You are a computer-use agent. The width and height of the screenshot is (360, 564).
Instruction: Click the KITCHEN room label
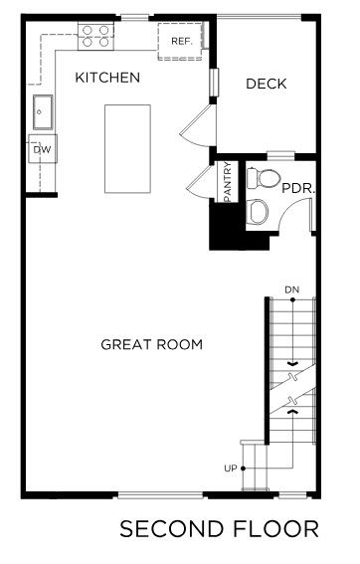107,78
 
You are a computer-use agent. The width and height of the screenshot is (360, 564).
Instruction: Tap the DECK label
267,84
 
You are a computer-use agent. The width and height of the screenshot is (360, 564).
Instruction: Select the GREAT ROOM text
152,344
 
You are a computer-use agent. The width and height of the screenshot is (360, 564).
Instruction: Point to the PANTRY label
228,182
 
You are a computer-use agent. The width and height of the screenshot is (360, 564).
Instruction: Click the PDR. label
298,188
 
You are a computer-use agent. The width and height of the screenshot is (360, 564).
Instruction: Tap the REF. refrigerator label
182,42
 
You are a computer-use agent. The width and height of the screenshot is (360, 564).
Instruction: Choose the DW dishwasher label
42,149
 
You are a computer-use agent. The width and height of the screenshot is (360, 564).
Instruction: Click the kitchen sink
43,111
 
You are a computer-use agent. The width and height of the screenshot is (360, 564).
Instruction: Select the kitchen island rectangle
127,149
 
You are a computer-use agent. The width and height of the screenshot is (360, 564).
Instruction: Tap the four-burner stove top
95,37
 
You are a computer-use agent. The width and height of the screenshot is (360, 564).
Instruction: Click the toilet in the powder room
264,178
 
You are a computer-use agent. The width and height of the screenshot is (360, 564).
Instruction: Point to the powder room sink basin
259,212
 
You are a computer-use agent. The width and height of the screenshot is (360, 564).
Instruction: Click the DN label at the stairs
291,289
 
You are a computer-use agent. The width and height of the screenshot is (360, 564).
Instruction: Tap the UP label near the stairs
231,469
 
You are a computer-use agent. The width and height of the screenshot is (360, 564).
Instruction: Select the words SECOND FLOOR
219,529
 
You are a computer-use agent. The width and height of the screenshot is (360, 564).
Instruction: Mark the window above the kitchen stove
135,17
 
